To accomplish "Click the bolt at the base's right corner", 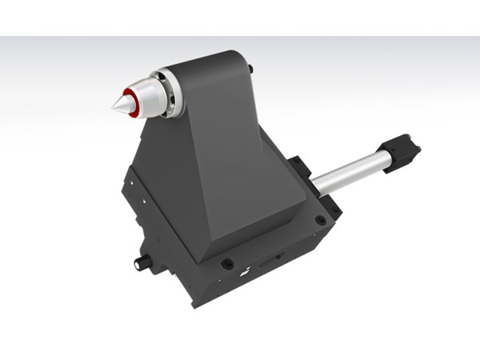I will (320, 219).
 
